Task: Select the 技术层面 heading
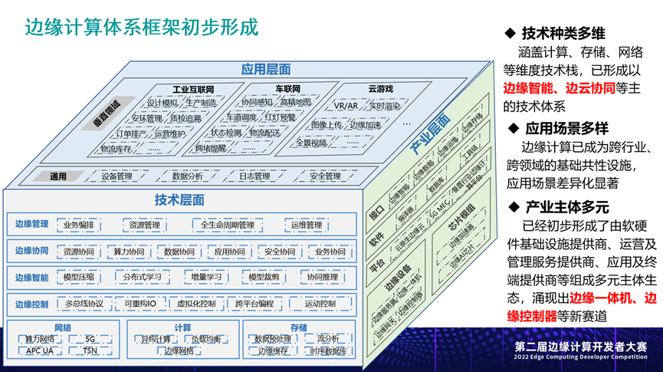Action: click(x=179, y=200)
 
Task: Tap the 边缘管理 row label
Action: click(x=31, y=225)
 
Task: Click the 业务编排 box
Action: click(x=79, y=225)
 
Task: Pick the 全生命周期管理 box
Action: click(x=226, y=225)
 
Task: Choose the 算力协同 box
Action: click(x=129, y=252)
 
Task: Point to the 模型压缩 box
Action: click(x=79, y=277)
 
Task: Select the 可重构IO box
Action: click(x=140, y=304)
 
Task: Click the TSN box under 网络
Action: click(x=90, y=351)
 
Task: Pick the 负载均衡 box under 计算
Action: click(x=206, y=339)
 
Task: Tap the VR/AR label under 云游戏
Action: click(x=346, y=106)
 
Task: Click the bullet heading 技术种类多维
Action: click(x=564, y=34)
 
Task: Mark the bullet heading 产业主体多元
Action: click(x=566, y=207)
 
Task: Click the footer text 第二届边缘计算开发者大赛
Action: click(x=581, y=347)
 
